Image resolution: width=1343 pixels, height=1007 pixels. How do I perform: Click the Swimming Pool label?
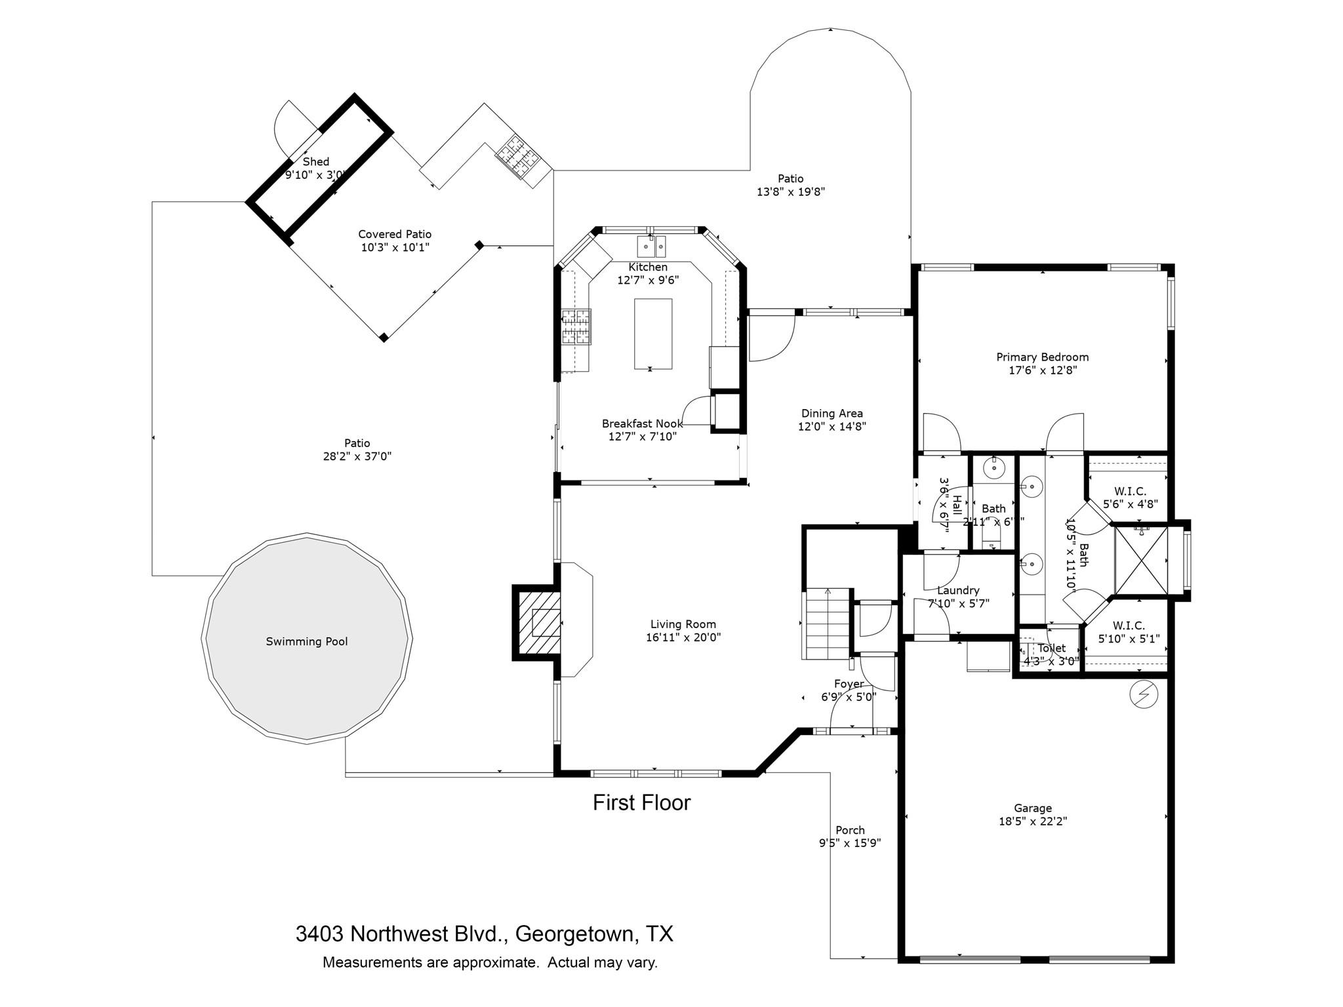click(x=306, y=641)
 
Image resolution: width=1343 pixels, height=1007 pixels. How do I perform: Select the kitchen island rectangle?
click(x=652, y=334)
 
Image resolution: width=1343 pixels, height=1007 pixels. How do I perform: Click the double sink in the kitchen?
click(x=651, y=247)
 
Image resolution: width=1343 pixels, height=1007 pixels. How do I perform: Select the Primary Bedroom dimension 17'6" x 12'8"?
click(x=1042, y=370)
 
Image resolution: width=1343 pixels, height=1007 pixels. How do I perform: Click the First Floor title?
click(x=641, y=802)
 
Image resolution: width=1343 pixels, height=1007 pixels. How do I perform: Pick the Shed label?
click(x=315, y=161)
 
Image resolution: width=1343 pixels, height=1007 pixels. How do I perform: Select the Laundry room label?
click(x=958, y=590)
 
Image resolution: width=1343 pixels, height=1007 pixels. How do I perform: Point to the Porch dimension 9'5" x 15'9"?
click(x=849, y=843)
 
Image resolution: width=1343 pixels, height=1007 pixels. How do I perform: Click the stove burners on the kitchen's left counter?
click(x=576, y=326)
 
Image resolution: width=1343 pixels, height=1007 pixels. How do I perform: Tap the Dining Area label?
click(x=832, y=413)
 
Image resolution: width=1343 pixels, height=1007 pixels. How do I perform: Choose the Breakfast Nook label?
click(x=642, y=424)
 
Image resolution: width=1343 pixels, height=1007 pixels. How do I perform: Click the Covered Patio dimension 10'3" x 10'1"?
click(x=395, y=247)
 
